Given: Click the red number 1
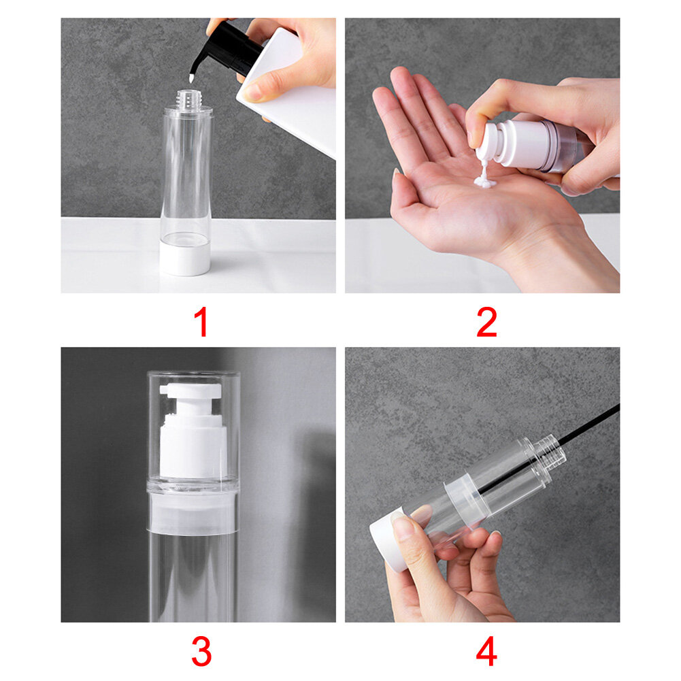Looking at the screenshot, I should pyautogui.click(x=201, y=323).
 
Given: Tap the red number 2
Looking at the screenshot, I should pyautogui.click(x=486, y=323).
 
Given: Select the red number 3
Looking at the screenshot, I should pyautogui.click(x=201, y=652).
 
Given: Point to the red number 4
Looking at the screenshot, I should pyautogui.click(x=486, y=652).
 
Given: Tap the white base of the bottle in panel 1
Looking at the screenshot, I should pyautogui.click(x=185, y=259).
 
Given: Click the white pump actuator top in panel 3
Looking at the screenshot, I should pyautogui.click(x=192, y=392).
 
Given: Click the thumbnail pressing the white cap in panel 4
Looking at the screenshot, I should pyautogui.click(x=403, y=528).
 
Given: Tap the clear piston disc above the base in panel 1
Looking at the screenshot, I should pyautogui.click(x=186, y=239).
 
